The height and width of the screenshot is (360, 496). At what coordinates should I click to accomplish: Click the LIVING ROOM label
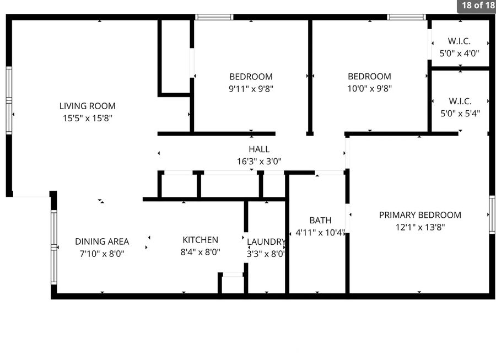pos(87,106)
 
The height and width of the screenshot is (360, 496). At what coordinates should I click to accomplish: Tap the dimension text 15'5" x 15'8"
pos(88,119)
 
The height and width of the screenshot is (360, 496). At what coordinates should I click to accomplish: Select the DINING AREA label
pos(102,241)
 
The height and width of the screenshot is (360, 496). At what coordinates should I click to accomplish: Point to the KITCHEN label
pos(200,240)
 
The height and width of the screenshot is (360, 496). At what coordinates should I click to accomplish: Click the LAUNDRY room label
pos(266,242)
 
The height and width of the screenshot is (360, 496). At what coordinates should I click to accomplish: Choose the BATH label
pos(320,221)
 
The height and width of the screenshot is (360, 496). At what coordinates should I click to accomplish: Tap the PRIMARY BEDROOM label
pos(420,215)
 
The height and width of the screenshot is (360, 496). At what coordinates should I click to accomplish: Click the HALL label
pos(259,149)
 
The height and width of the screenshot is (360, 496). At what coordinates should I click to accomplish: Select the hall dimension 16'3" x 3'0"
pos(259,162)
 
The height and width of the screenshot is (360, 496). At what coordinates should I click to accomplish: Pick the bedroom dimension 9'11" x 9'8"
pos(251,89)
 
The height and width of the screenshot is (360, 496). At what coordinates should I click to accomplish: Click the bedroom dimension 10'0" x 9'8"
pos(369,89)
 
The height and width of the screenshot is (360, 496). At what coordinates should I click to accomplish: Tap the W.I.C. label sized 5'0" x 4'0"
pos(459,41)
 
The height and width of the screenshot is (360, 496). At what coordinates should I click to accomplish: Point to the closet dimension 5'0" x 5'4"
pos(460,113)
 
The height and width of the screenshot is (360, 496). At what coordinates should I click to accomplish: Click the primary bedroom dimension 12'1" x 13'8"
pos(420,227)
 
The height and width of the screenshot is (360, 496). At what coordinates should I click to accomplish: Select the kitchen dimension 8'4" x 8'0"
pos(200,252)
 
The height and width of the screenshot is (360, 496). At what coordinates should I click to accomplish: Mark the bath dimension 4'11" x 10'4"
pos(320,233)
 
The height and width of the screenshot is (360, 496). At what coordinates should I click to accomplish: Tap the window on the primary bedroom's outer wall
pos(492,215)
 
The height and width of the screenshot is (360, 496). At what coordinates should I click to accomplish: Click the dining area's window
pos(54,247)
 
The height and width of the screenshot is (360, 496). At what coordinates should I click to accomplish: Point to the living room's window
pos(9,100)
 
